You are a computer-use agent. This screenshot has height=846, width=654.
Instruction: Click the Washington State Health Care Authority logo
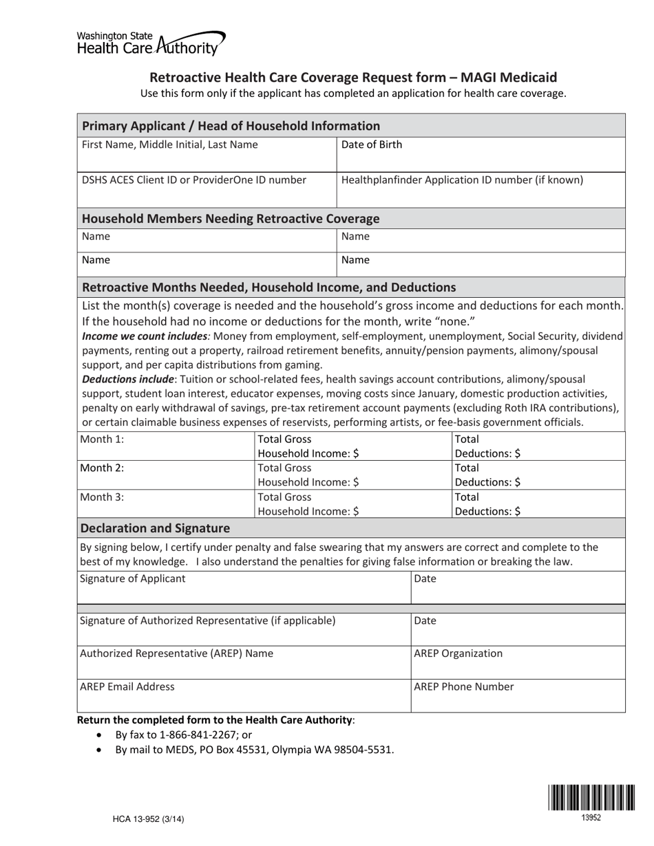point(150,43)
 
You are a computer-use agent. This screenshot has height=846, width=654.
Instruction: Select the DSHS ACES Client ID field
point(207,189)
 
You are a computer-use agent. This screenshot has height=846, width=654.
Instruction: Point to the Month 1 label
point(103,440)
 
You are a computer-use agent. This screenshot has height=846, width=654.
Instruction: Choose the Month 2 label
point(103,468)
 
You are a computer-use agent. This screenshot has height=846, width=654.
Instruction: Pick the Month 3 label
point(103,497)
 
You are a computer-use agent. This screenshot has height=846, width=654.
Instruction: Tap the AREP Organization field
point(518,662)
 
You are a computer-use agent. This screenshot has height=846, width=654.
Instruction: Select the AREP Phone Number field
point(518,695)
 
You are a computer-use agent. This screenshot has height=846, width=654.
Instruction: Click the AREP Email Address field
point(244,695)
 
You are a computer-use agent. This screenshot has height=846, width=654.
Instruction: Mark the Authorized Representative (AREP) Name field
point(244,662)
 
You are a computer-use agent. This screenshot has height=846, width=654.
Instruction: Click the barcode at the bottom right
point(591,798)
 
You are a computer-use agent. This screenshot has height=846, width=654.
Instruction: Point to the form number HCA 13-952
point(149,819)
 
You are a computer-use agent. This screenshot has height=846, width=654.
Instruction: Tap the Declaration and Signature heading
point(156,528)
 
